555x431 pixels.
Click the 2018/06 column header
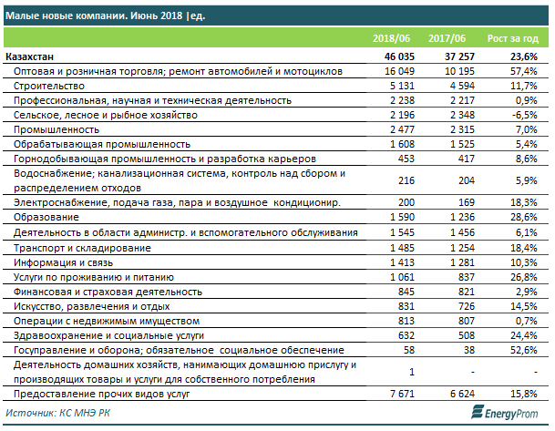click(391, 38)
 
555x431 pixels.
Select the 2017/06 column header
click(447, 38)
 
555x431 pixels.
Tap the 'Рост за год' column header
click(513, 38)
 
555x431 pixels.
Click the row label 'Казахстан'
click(30, 56)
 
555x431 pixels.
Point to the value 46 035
click(399, 56)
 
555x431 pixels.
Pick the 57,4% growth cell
click(524, 71)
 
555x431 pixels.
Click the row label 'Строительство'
click(49, 86)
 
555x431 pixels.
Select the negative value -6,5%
click(524, 115)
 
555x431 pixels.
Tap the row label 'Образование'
click(46, 217)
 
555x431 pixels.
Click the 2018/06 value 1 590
click(402, 217)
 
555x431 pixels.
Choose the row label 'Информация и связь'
click(64, 262)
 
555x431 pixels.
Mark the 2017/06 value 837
click(467, 277)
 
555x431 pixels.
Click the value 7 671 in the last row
click(402, 394)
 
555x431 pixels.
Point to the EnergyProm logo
click(505, 413)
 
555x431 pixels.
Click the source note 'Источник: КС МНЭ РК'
click(57, 413)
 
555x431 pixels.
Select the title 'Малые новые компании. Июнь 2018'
click(94, 15)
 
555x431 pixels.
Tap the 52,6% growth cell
click(524, 350)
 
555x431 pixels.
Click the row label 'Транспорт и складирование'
click(82, 248)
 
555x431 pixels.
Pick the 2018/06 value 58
click(409, 350)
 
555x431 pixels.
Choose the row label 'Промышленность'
click(57, 130)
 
